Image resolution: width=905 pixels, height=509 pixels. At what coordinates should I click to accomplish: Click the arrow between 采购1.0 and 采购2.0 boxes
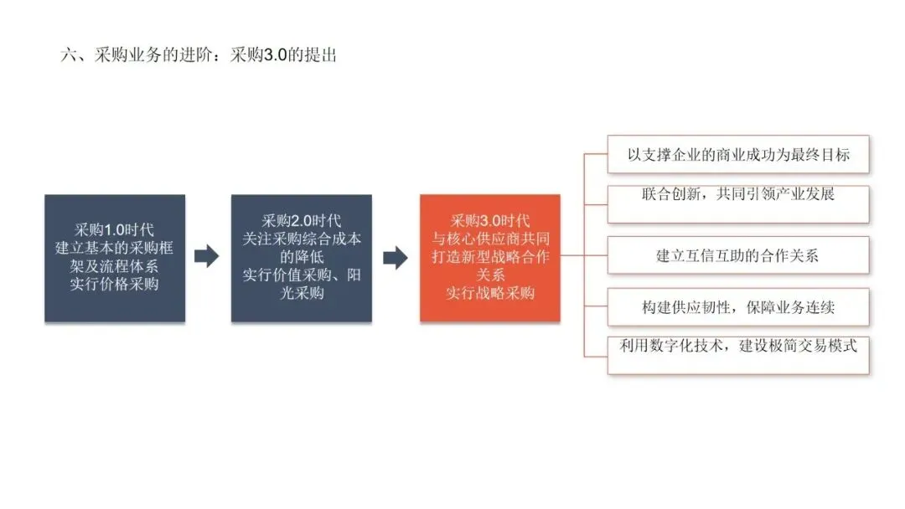click(x=206, y=257)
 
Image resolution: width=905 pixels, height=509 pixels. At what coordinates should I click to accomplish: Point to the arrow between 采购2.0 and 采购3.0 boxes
click(x=395, y=257)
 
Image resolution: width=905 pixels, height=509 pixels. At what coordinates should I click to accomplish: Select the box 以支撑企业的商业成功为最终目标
click(x=737, y=155)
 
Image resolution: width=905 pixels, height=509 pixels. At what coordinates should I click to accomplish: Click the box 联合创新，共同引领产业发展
click(x=737, y=204)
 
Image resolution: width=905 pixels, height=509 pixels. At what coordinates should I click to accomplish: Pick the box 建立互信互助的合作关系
click(x=737, y=255)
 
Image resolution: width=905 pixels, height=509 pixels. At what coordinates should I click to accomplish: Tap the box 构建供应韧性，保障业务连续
click(x=737, y=306)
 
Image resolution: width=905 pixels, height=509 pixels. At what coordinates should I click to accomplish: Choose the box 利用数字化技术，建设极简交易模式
click(x=737, y=355)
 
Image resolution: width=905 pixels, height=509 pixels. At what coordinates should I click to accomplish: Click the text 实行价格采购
click(x=115, y=284)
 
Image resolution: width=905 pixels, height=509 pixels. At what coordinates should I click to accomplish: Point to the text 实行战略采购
click(x=490, y=293)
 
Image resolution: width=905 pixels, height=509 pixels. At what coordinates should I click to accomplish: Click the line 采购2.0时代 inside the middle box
click(x=302, y=221)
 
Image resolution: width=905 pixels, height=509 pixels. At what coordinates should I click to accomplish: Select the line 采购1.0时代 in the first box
click(x=115, y=229)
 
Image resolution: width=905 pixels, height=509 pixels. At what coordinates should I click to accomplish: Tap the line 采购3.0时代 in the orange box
click(x=490, y=221)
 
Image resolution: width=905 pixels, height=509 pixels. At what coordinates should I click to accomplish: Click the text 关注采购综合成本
click(x=302, y=239)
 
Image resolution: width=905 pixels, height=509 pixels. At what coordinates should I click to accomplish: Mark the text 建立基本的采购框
click(x=115, y=248)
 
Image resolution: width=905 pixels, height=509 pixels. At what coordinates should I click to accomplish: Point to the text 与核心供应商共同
click(x=490, y=239)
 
